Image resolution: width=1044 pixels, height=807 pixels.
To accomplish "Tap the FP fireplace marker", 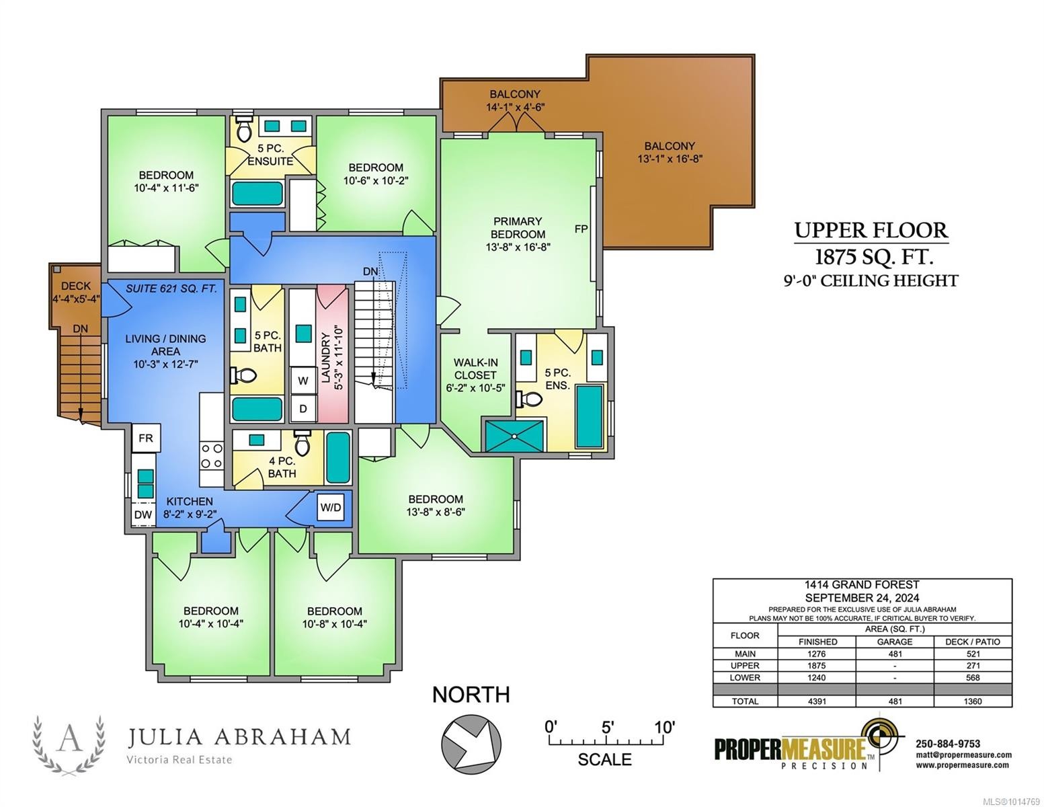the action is (x=581, y=229).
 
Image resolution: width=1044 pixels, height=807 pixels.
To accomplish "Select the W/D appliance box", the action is (x=331, y=508).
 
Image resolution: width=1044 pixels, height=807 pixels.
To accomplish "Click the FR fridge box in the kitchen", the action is (x=146, y=438).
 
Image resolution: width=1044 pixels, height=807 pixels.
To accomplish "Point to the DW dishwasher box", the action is (x=143, y=514).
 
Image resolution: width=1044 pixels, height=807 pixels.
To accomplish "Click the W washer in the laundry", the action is (x=303, y=381).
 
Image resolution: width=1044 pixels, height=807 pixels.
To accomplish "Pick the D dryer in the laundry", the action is (x=303, y=409).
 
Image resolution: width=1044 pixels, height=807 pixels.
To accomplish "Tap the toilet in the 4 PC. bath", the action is (x=302, y=443).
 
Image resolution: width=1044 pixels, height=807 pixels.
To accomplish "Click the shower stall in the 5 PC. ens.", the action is (x=514, y=436).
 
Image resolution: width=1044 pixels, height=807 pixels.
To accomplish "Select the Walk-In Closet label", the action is (x=476, y=375).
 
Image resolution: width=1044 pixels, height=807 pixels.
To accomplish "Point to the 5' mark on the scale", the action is (x=607, y=728).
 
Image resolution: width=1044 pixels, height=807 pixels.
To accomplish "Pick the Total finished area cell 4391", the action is (x=817, y=701).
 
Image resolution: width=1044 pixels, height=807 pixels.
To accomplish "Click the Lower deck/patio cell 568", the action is (x=973, y=678).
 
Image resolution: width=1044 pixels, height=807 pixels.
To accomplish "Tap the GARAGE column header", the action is (x=895, y=642).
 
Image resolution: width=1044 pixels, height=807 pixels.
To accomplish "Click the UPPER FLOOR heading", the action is (x=871, y=230).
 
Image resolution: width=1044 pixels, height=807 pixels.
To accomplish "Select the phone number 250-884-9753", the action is (x=948, y=744).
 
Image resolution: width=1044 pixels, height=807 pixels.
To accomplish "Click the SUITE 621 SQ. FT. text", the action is (x=171, y=289).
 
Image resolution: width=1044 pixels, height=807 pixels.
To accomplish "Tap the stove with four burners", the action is (x=211, y=456).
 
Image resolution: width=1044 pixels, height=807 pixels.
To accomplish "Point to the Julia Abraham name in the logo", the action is (x=239, y=737).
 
